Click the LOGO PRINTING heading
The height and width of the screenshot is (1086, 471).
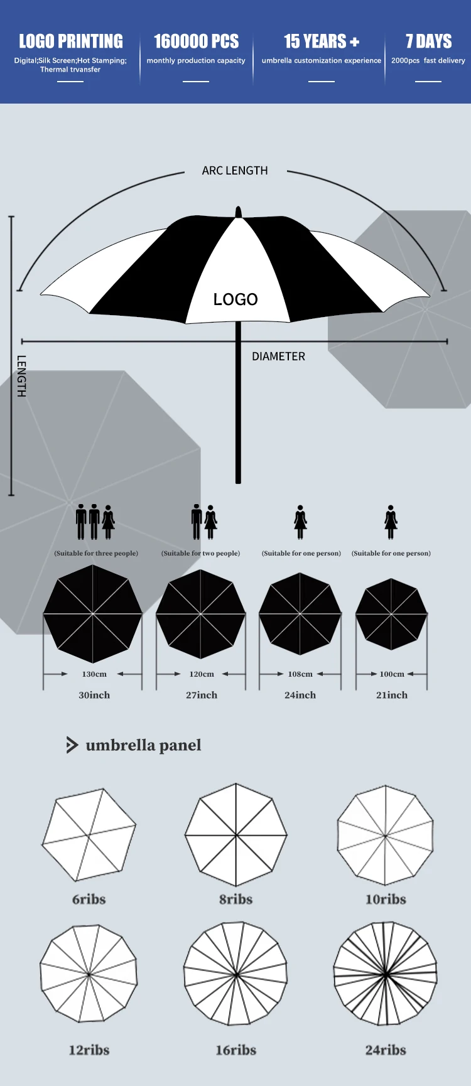tap(71, 41)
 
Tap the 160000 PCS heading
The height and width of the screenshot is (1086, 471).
tap(196, 41)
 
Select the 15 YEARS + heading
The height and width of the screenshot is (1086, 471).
tap(321, 41)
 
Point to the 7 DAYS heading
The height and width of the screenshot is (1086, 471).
tap(428, 41)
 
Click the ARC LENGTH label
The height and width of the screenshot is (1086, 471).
tap(235, 171)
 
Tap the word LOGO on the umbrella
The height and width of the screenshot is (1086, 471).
tap(235, 299)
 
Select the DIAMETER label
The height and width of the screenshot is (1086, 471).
tap(278, 357)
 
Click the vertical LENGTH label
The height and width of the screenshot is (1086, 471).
tap(21, 376)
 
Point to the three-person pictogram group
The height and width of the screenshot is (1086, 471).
tap(95, 522)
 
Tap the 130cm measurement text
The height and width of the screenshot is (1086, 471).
tap(94, 674)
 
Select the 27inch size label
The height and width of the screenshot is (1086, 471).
tap(202, 695)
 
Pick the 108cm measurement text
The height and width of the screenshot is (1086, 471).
tap(300, 674)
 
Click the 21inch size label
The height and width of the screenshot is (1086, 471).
tap(392, 695)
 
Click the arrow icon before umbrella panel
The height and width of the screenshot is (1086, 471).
tap(72, 745)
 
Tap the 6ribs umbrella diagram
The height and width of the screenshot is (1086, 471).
tap(89, 835)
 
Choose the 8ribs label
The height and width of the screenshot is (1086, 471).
tap(235, 900)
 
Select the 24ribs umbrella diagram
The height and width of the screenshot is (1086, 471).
tap(385, 974)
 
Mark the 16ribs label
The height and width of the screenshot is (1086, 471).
tap(235, 1050)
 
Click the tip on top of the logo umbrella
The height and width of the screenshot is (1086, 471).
tap(238, 212)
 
